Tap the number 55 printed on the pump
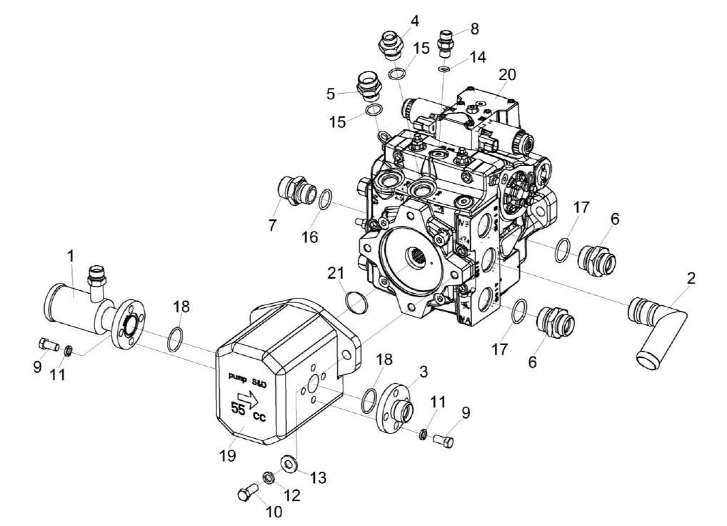[238, 410]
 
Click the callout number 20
[507, 75]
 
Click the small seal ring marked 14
[444, 69]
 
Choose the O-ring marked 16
[325, 199]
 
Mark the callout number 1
[70, 255]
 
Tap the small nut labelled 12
[268, 477]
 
